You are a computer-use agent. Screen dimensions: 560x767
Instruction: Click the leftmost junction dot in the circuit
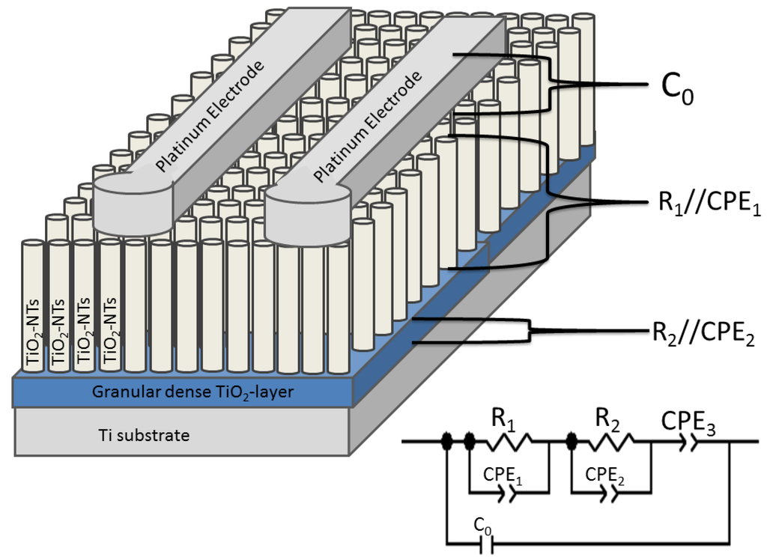pyautogui.click(x=447, y=442)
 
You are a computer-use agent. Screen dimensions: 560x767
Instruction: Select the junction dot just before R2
pyautogui.click(x=572, y=442)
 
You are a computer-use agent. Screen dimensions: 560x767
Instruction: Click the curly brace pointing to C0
pyautogui.click(x=551, y=85)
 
